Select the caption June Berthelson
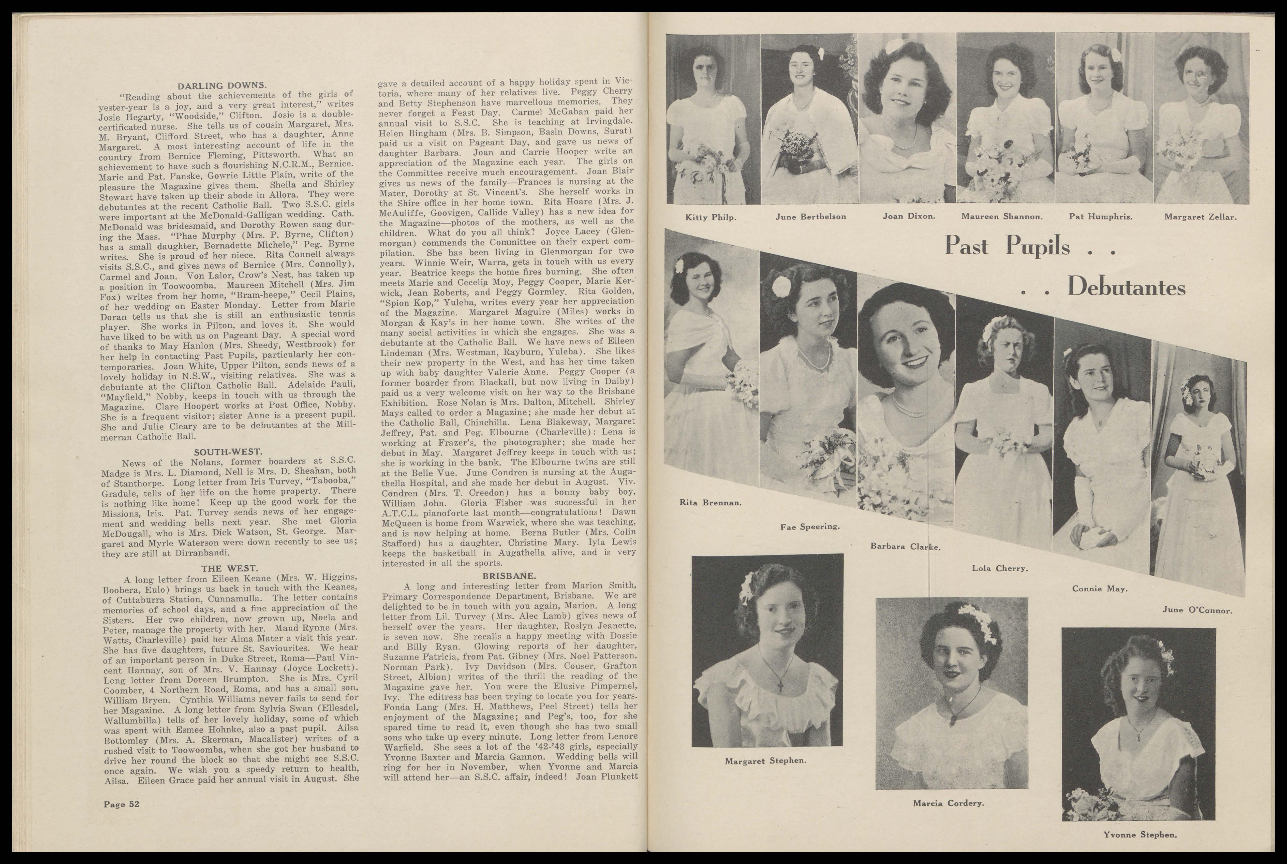810,216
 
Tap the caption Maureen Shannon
1002,216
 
